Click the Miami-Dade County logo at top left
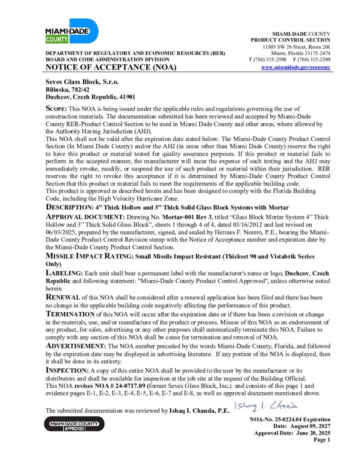click(71, 31)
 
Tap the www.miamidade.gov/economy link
click(296, 67)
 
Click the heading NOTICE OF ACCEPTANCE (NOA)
click(111, 68)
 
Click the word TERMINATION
click(70, 314)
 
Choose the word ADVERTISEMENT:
click(76, 346)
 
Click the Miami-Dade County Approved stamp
click(75, 425)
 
